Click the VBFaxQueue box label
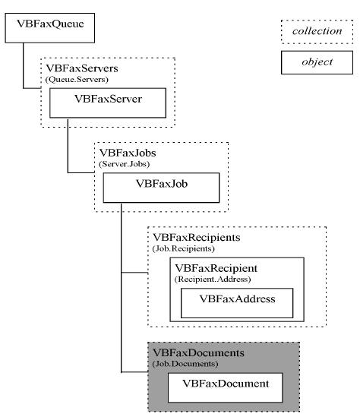(x=50, y=24)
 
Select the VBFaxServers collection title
(x=82, y=68)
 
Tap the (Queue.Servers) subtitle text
(x=77, y=80)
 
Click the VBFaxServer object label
(x=108, y=99)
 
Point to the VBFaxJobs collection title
(x=128, y=153)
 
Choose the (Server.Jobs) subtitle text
(x=124, y=164)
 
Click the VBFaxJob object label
(x=162, y=184)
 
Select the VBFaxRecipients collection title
(x=197, y=238)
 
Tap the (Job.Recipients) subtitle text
(x=184, y=248)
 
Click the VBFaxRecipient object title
(x=216, y=268)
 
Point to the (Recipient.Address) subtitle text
(x=213, y=280)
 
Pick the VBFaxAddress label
(x=237, y=299)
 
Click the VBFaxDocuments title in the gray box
(x=199, y=353)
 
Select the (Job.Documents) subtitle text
(x=185, y=364)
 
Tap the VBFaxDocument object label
(x=226, y=384)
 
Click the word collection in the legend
(x=317, y=31)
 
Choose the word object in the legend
(x=317, y=62)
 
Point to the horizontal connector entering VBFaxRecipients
(x=134, y=273)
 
